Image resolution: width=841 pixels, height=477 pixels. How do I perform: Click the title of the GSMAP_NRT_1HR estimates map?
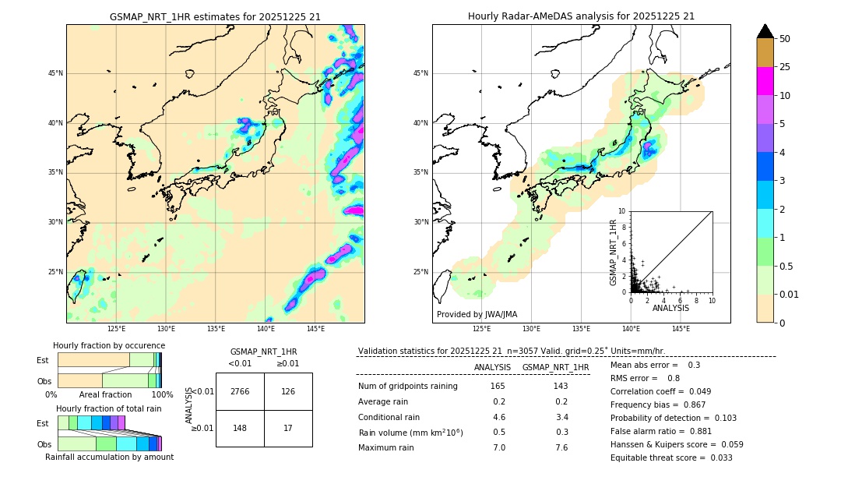[215, 16]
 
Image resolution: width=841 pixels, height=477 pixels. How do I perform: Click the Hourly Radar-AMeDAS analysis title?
[581, 16]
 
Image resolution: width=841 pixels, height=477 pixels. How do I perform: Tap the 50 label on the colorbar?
[785, 39]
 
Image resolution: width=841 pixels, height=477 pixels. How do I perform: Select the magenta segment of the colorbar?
[765, 81]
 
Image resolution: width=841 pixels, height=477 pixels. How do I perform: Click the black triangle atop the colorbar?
[765, 31]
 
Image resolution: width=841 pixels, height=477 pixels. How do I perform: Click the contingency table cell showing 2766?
[240, 391]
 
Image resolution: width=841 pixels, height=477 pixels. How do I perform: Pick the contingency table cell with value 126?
[288, 391]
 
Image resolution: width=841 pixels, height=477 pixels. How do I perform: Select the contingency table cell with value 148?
[240, 428]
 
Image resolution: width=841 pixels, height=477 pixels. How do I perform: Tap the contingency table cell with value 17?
[288, 428]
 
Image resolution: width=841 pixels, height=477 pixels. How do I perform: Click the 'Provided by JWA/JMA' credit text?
[477, 315]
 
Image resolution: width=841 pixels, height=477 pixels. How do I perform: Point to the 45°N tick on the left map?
[55, 73]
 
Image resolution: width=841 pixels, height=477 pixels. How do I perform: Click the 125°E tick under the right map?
[482, 329]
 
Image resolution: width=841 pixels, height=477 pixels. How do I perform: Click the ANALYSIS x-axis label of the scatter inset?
[670, 308]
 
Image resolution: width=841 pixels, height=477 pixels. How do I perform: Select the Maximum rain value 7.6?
[561, 447]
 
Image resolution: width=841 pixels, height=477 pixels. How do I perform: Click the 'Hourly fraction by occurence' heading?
[109, 345]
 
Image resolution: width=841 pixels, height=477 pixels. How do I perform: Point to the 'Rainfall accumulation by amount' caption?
[109, 457]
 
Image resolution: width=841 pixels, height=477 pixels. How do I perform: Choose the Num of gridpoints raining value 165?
[498, 387]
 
